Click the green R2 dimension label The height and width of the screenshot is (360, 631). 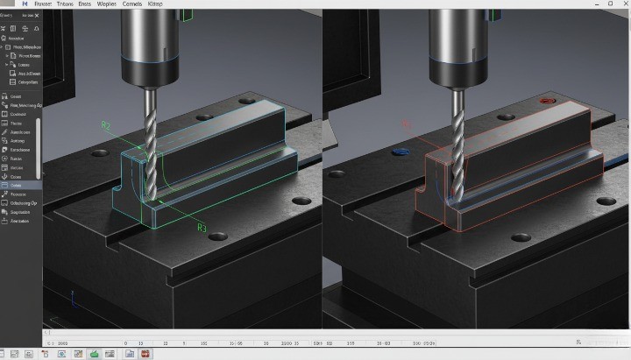(106, 126)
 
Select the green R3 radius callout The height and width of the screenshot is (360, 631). (202, 228)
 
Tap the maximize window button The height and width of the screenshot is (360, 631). (608, 4)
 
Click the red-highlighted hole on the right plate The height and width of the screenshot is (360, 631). (549, 102)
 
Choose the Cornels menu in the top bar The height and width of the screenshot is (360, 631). (132, 4)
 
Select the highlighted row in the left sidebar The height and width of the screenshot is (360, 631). (19, 185)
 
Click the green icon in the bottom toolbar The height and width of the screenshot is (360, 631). (94, 354)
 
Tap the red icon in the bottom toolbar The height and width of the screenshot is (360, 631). (145, 354)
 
